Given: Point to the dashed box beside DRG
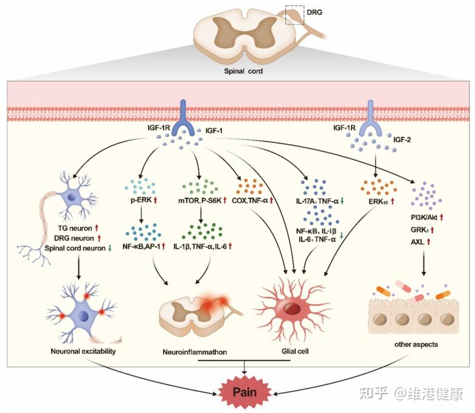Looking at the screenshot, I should click(x=294, y=15).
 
